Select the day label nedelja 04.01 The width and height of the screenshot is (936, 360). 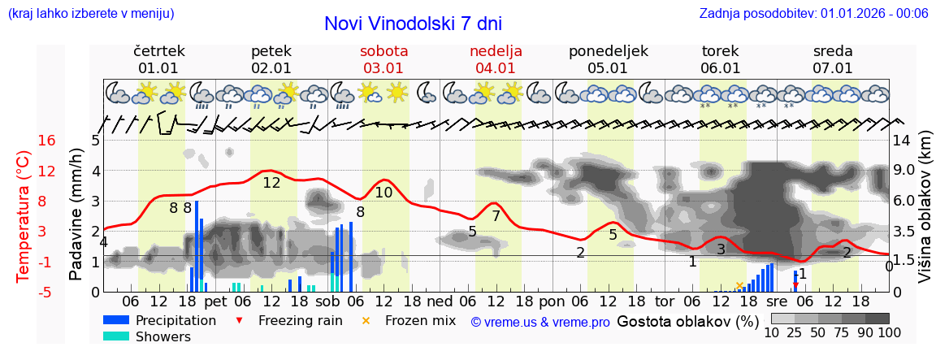click(496, 59)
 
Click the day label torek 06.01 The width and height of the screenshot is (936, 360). click(720, 59)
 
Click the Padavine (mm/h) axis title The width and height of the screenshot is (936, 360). click(76, 215)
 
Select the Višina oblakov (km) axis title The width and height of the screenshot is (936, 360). click(925, 216)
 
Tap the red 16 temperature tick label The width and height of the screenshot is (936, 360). click(47, 141)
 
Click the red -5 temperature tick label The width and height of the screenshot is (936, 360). click(47, 292)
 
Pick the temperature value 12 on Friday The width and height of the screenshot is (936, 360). click(271, 183)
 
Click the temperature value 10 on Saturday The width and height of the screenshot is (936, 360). click(383, 193)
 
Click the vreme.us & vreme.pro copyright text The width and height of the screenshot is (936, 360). click(540, 322)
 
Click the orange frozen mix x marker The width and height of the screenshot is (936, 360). click(739, 285)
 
